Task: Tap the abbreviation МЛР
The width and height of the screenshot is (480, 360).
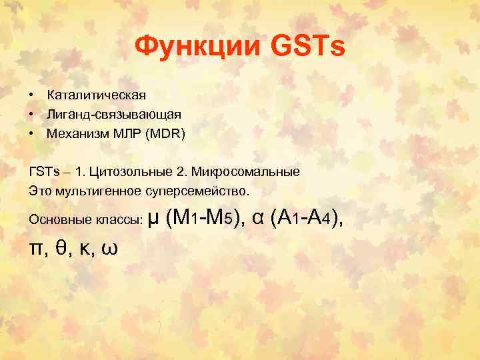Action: [121, 134]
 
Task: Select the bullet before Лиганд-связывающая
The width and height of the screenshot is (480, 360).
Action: [31, 115]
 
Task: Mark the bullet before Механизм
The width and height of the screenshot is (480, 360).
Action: [31, 134]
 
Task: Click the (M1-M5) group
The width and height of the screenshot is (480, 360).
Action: [204, 217]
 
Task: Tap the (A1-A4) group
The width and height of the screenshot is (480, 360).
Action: [307, 217]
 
